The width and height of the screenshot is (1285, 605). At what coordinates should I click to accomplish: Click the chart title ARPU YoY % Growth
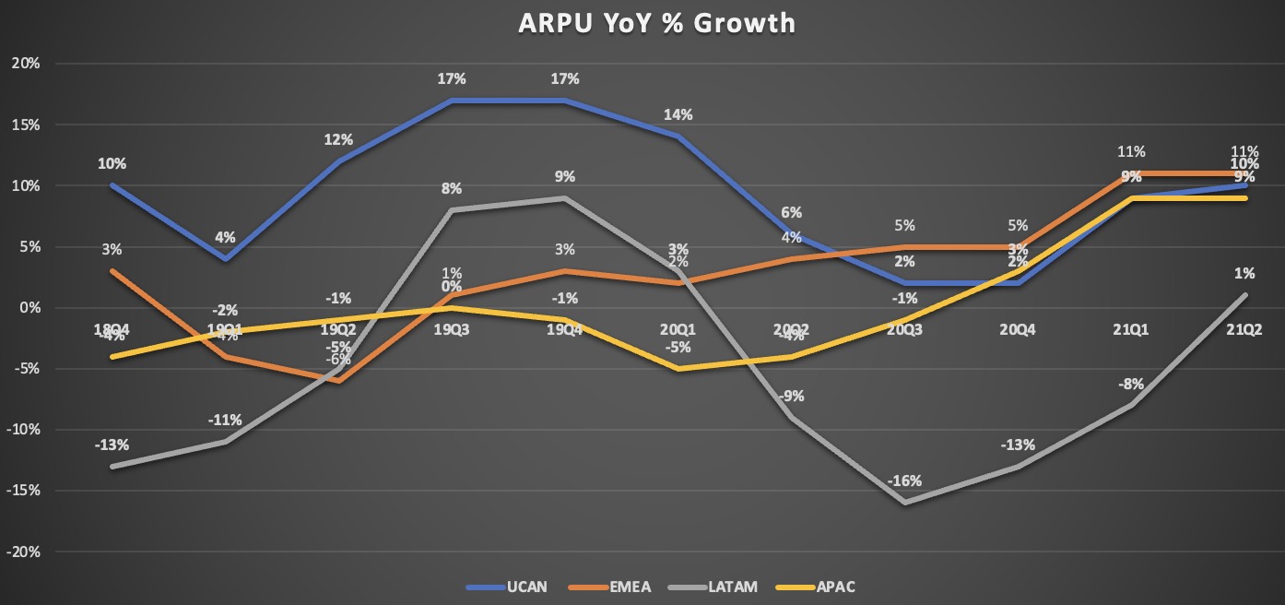642,23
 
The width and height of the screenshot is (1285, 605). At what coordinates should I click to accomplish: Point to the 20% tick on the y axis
25,64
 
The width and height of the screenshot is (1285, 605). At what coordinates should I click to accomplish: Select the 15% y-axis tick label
25,125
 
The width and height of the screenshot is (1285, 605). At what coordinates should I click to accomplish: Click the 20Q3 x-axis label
904,329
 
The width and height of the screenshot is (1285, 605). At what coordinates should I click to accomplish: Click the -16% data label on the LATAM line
904,480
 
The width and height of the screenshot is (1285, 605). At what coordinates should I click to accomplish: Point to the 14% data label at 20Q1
678,115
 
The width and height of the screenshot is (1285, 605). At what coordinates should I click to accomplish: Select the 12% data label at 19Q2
338,139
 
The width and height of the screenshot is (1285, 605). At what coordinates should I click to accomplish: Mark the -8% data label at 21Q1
1131,383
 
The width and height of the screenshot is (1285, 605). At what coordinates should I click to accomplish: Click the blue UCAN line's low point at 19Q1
225,259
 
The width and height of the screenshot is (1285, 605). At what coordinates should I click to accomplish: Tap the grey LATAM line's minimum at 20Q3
904,503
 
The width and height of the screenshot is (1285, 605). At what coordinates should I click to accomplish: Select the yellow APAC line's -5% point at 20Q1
678,369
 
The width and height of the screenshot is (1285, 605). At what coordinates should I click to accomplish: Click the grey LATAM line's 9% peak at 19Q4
565,198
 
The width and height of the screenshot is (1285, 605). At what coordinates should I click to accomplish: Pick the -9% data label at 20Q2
791,396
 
